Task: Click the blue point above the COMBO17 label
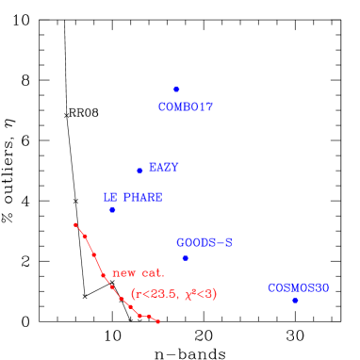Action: click(x=176, y=89)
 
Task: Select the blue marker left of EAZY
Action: click(x=139, y=171)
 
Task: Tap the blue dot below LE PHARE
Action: click(x=112, y=209)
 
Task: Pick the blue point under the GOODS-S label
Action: click(x=185, y=258)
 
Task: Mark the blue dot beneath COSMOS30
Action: click(x=295, y=300)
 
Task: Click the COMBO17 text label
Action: click(x=186, y=107)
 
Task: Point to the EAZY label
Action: click(x=164, y=167)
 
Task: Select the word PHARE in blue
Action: click(x=142, y=197)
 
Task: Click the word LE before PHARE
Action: click(x=109, y=197)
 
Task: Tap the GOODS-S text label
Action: click(x=204, y=242)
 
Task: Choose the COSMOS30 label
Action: click(x=298, y=287)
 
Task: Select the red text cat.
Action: click(x=152, y=273)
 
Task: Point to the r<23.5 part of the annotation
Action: click(x=155, y=294)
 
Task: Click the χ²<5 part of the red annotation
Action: click(x=199, y=294)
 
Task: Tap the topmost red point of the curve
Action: click(x=75, y=224)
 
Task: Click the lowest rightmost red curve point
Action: click(x=157, y=321)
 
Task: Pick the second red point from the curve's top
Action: click(x=84, y=235)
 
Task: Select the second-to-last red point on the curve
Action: click(x=149, y=316)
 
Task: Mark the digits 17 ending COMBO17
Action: click(x=205, y=107)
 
